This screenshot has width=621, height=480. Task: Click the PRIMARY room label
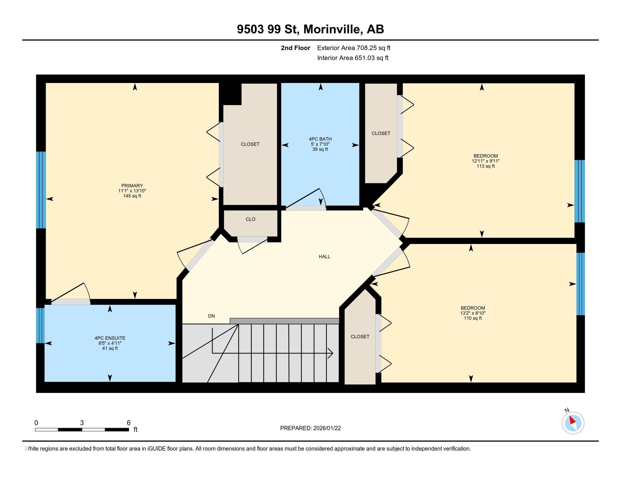click(132, 186)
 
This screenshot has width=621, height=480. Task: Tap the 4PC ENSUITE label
click(110, 338)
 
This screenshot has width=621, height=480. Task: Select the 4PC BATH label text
click(320, 139)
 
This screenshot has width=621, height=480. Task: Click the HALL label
click(324, 256)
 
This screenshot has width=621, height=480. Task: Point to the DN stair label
click(211, 316)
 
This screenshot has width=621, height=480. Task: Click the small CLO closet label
click(250, 219)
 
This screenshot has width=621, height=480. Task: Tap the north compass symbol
click(573, 423)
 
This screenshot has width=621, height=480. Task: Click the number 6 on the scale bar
click(128, 423)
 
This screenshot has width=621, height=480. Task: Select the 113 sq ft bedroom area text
click(486, 166)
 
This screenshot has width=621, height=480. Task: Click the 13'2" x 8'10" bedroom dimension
click(473, 313)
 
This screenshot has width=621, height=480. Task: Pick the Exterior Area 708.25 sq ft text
click(354, 48)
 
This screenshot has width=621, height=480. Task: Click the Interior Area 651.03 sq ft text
click(353, 58)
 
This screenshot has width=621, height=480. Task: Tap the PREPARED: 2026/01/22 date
click(310, 428)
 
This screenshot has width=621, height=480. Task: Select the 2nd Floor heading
click(295, 48)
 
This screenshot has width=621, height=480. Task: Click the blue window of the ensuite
click(40, 325)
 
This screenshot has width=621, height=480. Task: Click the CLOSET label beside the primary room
click(250, 144)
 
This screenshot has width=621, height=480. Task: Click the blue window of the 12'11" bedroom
click(579, 191)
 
